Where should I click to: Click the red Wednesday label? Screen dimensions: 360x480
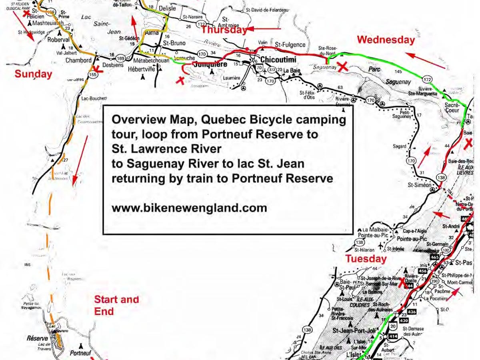tap(386, 40)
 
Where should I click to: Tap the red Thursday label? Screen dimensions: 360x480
tap(224, 30)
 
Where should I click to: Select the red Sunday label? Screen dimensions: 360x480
tap(33, 74)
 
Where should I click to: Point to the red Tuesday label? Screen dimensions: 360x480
tap(366, 259)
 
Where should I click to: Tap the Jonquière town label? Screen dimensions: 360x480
tap(210, 64)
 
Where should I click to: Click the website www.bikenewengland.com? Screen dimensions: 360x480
tap(189, 208)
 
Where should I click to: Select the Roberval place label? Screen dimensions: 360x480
tap(58, 40)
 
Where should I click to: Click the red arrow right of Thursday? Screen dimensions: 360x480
tap(264, 29)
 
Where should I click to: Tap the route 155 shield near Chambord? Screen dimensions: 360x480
tap(94, 74)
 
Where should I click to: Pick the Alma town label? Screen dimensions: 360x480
tap(152, 33)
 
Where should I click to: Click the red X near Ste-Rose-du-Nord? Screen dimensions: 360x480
tap(342, 67)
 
